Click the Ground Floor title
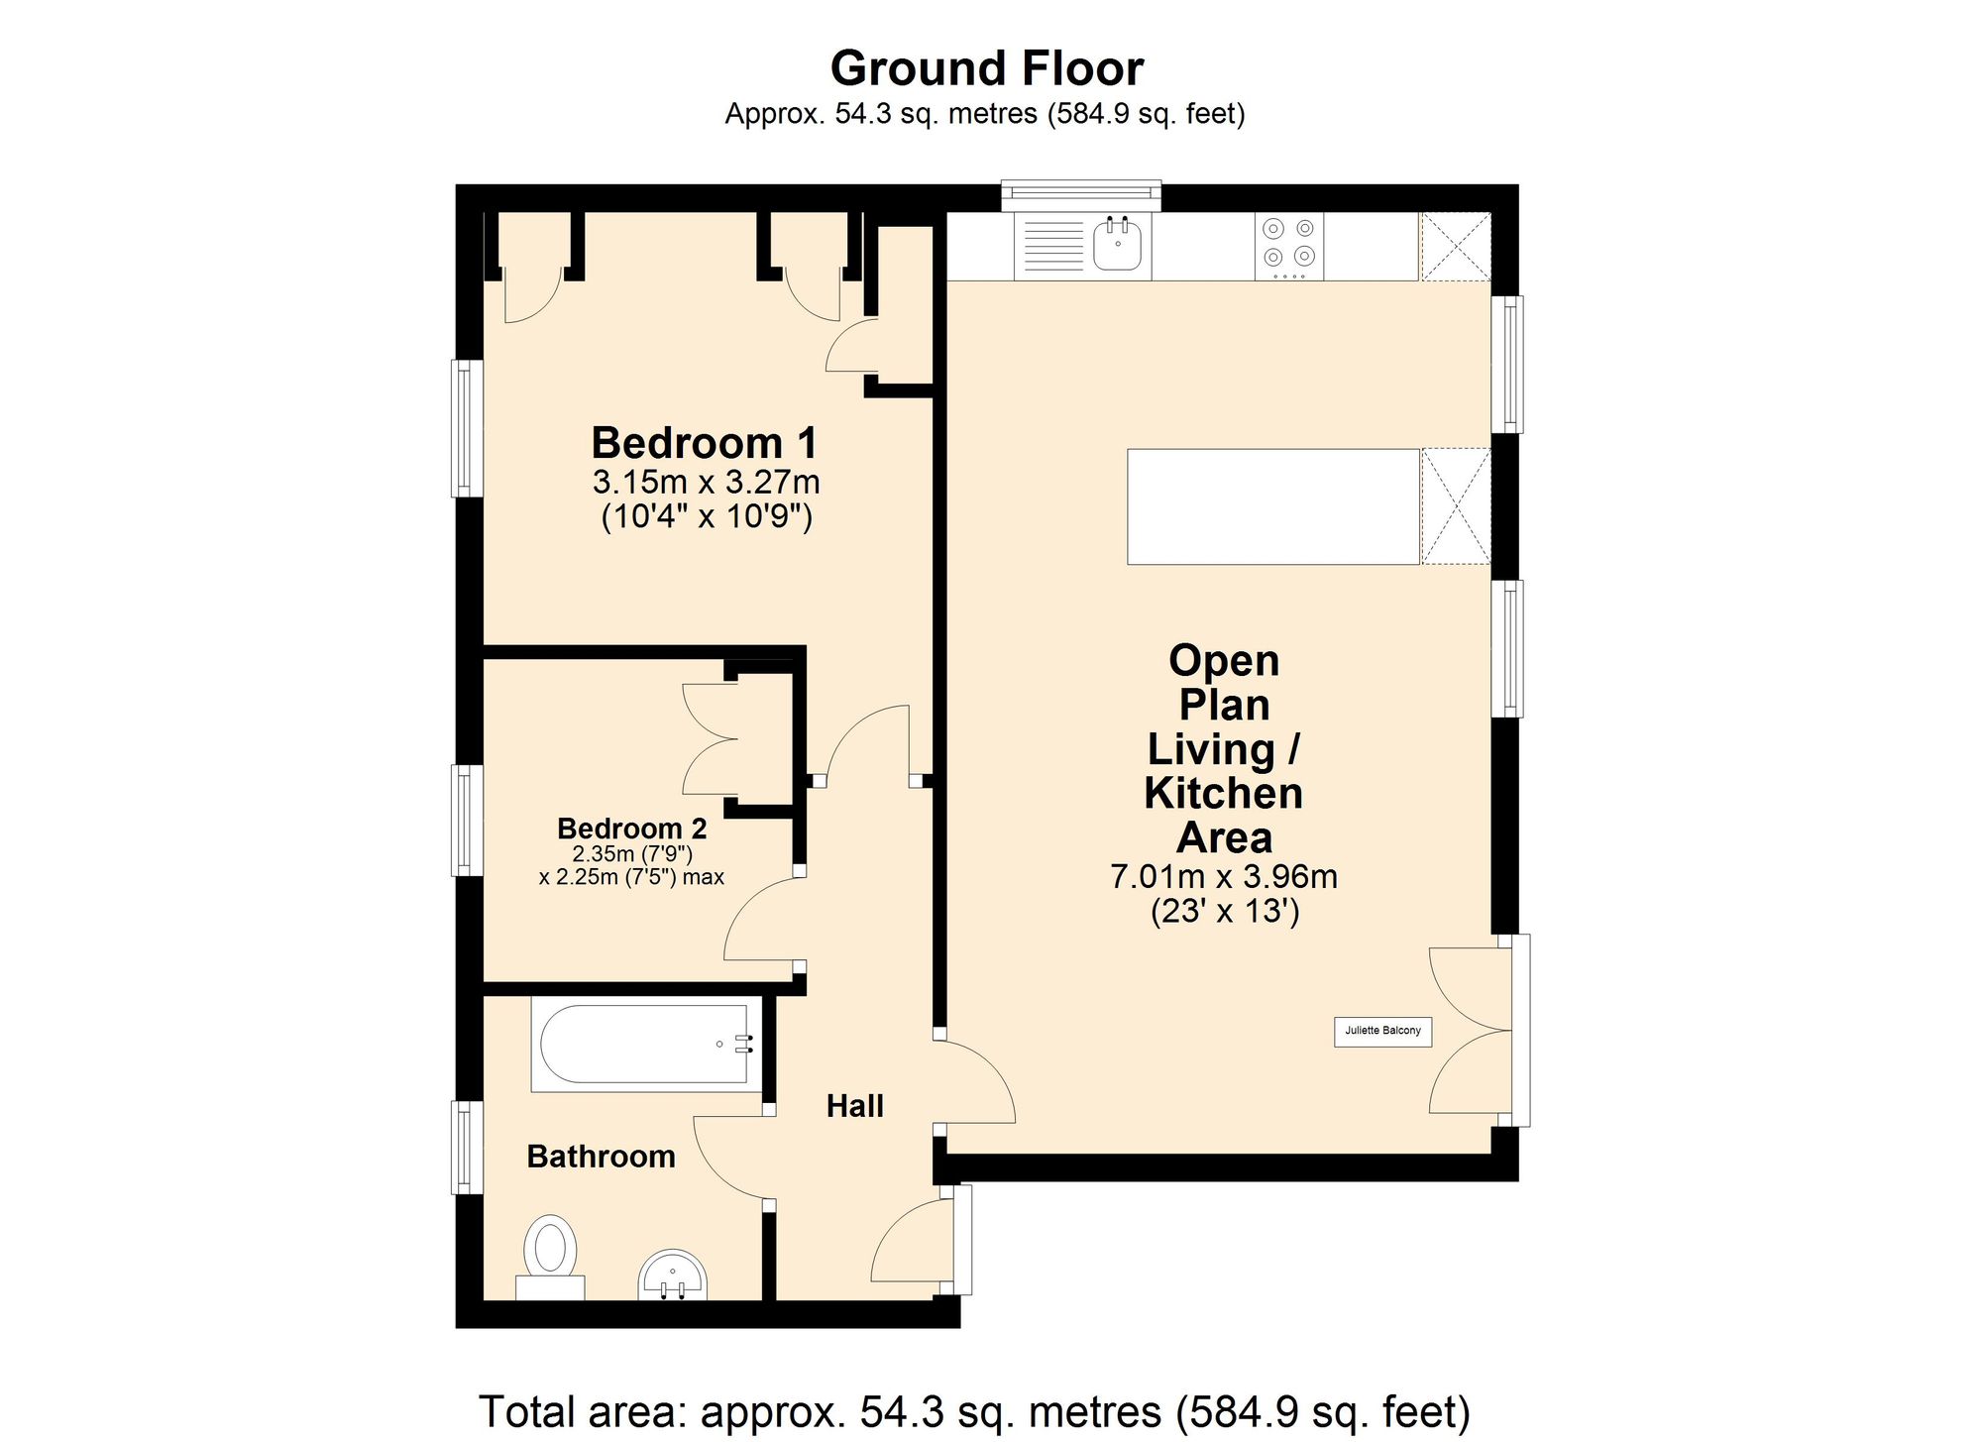click(x=987, y=68)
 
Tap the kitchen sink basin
click(x=1119, y=244)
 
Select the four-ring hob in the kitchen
click(x=1289, y=247)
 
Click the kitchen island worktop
click(x=1273, y=506)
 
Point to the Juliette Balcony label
click(x=1382, y=1031)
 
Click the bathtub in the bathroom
click(x=646, y=1045)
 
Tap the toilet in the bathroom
click(x=551, y=1257)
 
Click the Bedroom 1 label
click(x=705, y=443)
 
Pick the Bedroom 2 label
click(x=632, y=829)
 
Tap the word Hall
click(x=855, y=1106)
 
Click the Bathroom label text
click(x=601, y=1157)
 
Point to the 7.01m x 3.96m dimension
click(x=1224, y=877)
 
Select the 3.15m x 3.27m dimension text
click(x=706, y=483)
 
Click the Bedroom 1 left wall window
click(x=467, y=428)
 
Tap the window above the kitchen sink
click(x=1080, y=195)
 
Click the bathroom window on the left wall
click(x=467, y=1147)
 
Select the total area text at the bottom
click(x=974, y=1411)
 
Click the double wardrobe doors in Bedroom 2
click(x=711, y=739)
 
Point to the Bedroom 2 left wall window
click(x=467, y=821)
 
